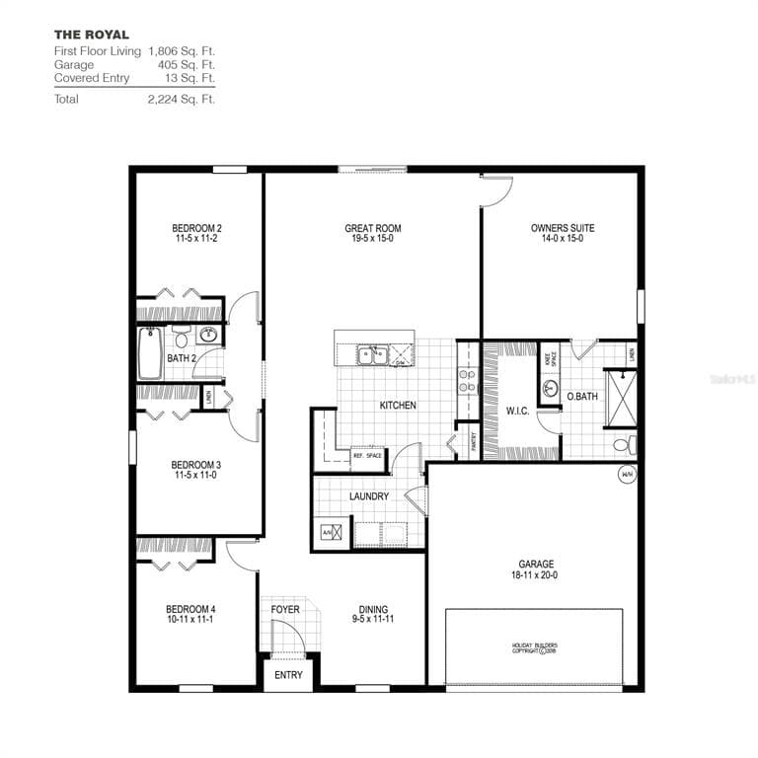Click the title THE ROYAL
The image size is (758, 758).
(91, 35)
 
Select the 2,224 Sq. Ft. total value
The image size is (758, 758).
(181, 99)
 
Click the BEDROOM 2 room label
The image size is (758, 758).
(196, 233)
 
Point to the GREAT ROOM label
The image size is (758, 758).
(372, 233)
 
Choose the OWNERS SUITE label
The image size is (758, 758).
(562, 233)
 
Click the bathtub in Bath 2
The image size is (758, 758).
(150, 354)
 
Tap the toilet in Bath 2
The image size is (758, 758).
(181, 332)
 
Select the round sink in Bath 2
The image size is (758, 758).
(208, 334)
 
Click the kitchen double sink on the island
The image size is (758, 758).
(373, 352)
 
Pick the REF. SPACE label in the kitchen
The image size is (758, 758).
(366, 455)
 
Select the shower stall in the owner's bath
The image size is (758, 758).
(620, 397)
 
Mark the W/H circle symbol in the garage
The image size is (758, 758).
(626, 475)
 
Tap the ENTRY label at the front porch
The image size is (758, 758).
(288, 675)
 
